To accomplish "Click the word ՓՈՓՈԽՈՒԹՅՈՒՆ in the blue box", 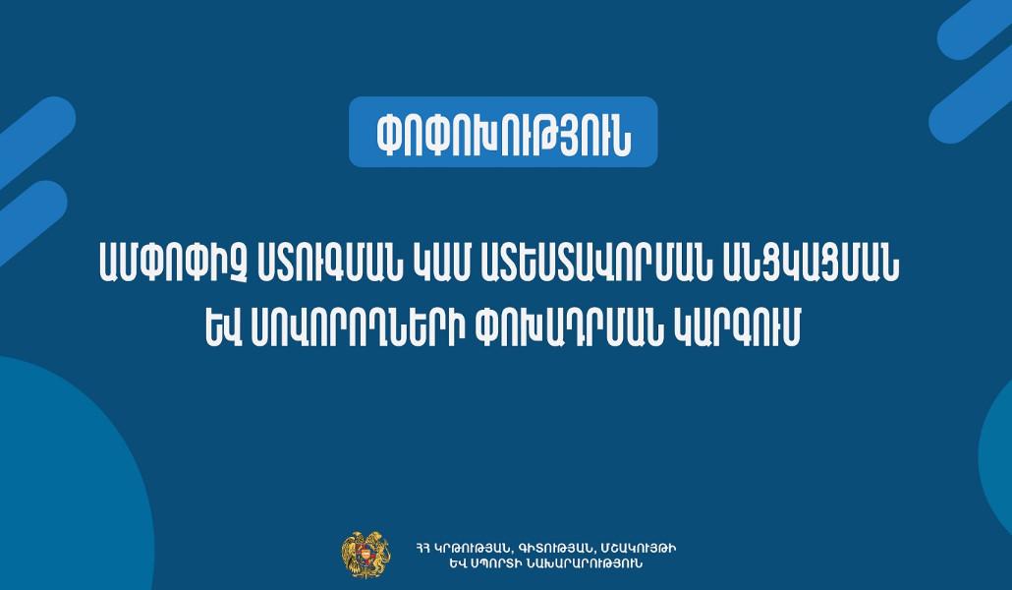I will click(503, 132).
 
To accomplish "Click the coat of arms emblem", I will click(359, 554).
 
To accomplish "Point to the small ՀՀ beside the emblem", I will click(424, 547).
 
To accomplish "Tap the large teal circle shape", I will click(59, 482).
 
